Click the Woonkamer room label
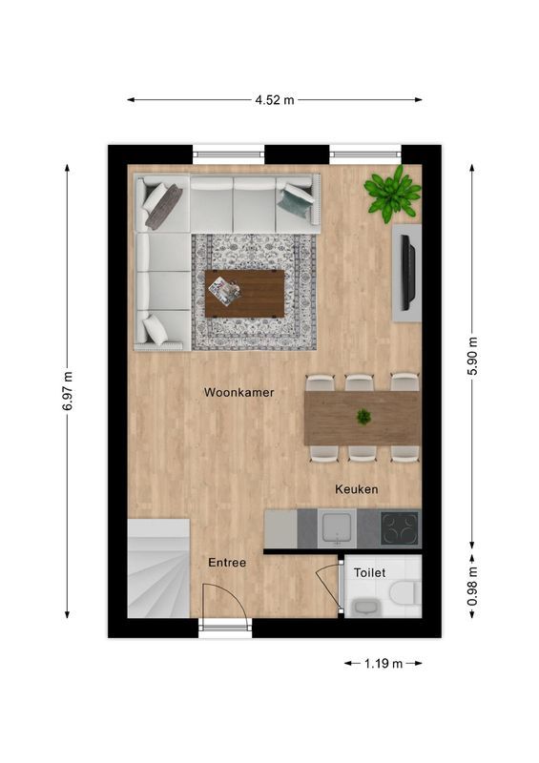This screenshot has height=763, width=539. [238, 391]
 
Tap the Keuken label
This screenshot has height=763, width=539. [357, 489]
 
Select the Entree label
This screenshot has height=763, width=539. [227, 563]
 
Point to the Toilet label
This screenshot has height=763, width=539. [369, 573]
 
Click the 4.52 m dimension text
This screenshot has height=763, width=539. [276, 98]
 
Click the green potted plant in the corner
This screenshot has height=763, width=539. [393, 194]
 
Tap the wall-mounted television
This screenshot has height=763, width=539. [407, 272]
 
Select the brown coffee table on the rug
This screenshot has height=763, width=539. [245, 294]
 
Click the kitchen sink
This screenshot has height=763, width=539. [337, 527]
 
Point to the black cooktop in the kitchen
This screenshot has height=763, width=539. [399, 527]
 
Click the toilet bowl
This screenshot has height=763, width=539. [403, 593]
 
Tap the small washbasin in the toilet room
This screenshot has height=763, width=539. [363, 605]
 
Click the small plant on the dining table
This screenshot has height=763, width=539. [363, 416]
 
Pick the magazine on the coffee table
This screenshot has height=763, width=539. [225, 290]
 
